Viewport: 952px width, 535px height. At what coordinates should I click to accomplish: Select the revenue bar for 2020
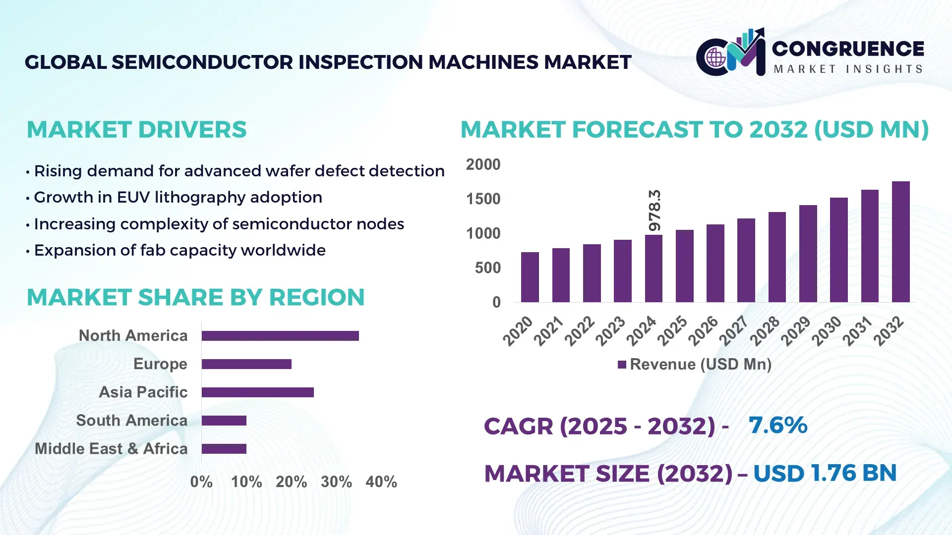point(530,277)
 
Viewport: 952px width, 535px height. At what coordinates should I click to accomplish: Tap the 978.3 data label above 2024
point(654,210)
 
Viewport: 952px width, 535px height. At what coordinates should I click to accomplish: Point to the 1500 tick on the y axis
point(483,199)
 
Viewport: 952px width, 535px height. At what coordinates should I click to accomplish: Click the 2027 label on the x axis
point(733,331)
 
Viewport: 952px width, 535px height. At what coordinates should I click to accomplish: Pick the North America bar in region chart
point(280,336)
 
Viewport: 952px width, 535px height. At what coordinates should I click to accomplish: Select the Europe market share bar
point(246,364)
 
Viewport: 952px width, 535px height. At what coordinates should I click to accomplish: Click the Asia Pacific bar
point(257,392)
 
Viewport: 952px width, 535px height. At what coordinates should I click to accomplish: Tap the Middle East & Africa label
point(111,449)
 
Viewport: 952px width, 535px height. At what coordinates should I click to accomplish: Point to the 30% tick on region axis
point(336,481)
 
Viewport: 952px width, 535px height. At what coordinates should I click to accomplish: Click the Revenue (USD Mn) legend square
point(622,365)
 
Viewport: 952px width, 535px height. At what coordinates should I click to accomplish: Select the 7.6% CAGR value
point(777,426)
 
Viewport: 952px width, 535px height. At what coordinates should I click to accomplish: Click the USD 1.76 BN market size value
point(825,473)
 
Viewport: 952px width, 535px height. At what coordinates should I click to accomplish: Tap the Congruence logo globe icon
point(715,58)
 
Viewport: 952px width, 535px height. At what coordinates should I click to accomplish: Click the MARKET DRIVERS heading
point(136,130)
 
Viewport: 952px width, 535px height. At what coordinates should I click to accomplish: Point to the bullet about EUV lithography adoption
point(178,197)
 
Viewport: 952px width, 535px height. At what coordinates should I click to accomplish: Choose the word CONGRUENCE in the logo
point(848,49)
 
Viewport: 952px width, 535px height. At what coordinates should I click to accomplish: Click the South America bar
point(224,421)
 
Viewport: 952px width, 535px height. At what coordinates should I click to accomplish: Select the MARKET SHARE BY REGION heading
point(195,297)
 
